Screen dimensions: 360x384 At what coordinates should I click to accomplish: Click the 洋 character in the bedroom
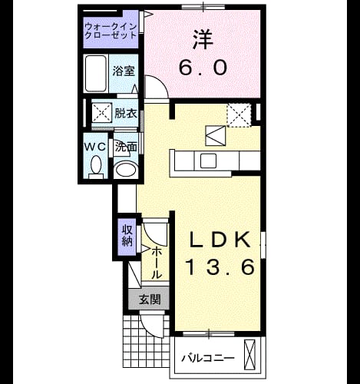point(203,40)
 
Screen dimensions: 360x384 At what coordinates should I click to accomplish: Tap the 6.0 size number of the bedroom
point(203,68)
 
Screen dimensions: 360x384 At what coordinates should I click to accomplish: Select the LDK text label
point(220,239)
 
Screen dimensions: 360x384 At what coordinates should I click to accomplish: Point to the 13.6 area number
point(220,266)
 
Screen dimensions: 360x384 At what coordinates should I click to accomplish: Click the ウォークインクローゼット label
point(111,31)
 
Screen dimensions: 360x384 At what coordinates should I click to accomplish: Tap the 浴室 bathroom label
point(124,71)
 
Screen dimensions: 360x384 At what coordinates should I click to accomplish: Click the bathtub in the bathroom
point(96,74)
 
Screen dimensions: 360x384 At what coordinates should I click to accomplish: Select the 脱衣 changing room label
point(126,113)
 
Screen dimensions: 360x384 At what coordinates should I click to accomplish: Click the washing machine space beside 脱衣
point(102,112)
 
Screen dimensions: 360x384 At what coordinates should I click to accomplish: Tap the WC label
point(95,147)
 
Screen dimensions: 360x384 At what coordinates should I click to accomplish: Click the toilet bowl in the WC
point(96,164)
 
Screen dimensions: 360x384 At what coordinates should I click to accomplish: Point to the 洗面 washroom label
point(126,147)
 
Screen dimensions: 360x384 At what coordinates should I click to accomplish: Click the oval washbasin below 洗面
point(126,169)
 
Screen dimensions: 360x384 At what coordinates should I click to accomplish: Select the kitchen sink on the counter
point(208,161)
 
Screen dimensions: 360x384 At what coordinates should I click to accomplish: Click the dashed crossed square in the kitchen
point(239,115)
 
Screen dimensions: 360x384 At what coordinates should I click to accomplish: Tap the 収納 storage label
point(127,236)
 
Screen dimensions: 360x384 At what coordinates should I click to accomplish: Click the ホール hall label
point(157,263)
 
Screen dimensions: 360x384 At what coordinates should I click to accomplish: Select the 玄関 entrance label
point(150,299)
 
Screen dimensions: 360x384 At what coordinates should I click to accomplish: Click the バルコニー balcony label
point(208,358)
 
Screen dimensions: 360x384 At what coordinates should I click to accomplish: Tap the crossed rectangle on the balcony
point(250,355)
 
